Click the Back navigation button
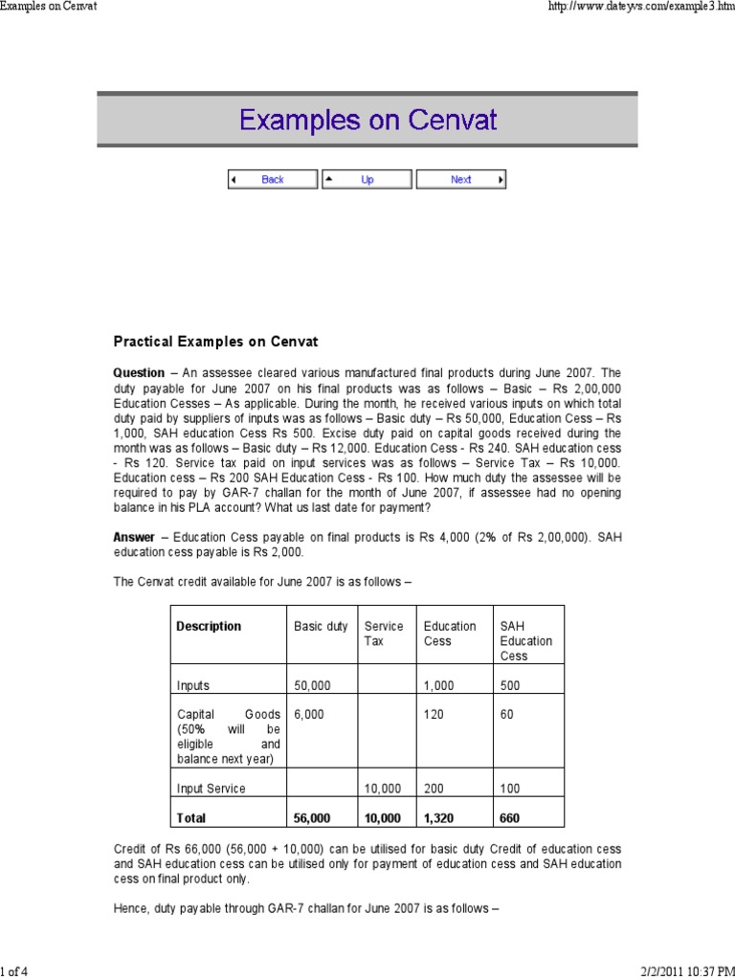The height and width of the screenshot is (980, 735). tap(272, 179)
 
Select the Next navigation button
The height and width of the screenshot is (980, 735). tap(461, 179)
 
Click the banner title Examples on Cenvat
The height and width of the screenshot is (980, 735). tap(367, 122)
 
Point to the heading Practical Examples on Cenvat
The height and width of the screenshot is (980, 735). tap(215, 342)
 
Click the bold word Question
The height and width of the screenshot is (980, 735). tap(139, 372)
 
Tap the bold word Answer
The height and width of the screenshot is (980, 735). tap(134, 538)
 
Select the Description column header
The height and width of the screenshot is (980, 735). tap(209, 626)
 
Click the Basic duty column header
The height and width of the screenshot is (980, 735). tap(320, 626)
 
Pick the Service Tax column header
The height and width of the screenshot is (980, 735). tap(384, 634)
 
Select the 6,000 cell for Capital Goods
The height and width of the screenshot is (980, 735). tap(308, 714)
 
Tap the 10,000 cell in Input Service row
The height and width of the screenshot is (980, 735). tap(384, 789)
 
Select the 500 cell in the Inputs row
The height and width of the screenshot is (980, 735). tap(510, 685)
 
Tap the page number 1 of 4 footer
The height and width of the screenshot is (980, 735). tap(14, 972)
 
